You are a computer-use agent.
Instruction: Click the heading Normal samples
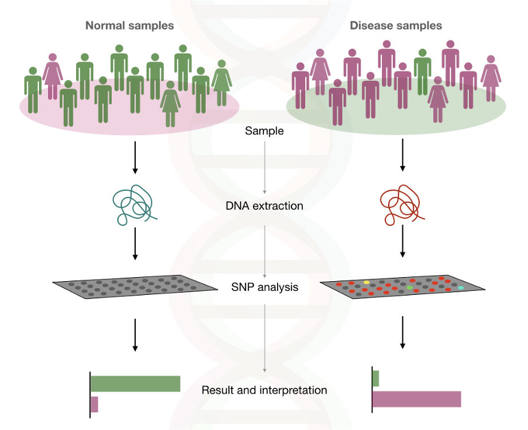pos(130,25)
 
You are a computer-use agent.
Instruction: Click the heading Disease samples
pos(396,25)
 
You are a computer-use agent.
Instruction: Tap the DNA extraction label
pos(265,205)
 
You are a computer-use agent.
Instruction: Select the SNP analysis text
pos(265,287)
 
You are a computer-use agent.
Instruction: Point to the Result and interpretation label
pos(264,390)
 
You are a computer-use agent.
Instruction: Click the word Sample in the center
pos(264,130)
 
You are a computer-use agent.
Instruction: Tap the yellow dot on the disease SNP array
pos(366,282)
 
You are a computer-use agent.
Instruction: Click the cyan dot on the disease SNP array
pos(461,287)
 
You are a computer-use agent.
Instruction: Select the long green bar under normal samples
pos(135,383)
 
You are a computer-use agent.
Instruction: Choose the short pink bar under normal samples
pos(95,404)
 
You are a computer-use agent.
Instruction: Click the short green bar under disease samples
pos(376,378)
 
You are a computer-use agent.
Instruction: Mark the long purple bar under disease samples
pos(417,398)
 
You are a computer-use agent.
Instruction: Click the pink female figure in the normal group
pos(53,76)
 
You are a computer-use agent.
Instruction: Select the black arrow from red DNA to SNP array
pos(403,246)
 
